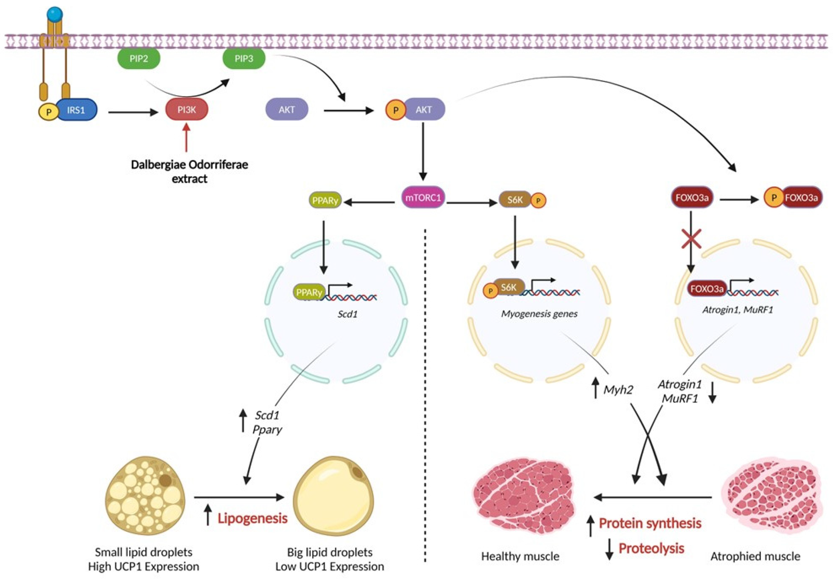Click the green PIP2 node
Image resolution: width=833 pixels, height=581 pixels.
(x=138, y=59)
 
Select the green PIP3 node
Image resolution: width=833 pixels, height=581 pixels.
(x=244, y=59)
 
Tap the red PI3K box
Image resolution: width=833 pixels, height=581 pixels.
(x=186, y=110)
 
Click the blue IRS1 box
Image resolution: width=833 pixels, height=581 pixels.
(x=76, y=110)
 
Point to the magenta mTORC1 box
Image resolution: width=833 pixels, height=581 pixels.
(x=423, y=198)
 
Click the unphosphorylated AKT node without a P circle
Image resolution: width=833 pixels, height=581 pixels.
(x=287, y=110)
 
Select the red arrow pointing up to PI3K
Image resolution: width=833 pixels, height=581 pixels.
(x=186, y=138)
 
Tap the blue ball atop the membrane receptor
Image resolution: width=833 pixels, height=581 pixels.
(x=55, y=14)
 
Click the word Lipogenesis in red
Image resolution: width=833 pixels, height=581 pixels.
(x=252, y=518)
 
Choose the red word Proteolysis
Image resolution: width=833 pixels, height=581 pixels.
(x=651, y=548)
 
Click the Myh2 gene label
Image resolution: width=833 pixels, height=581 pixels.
(x=618, y=390)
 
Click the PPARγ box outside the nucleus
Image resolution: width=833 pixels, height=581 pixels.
(x=325, y=200)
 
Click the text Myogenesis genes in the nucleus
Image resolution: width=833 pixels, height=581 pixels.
(x=539, y=314)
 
